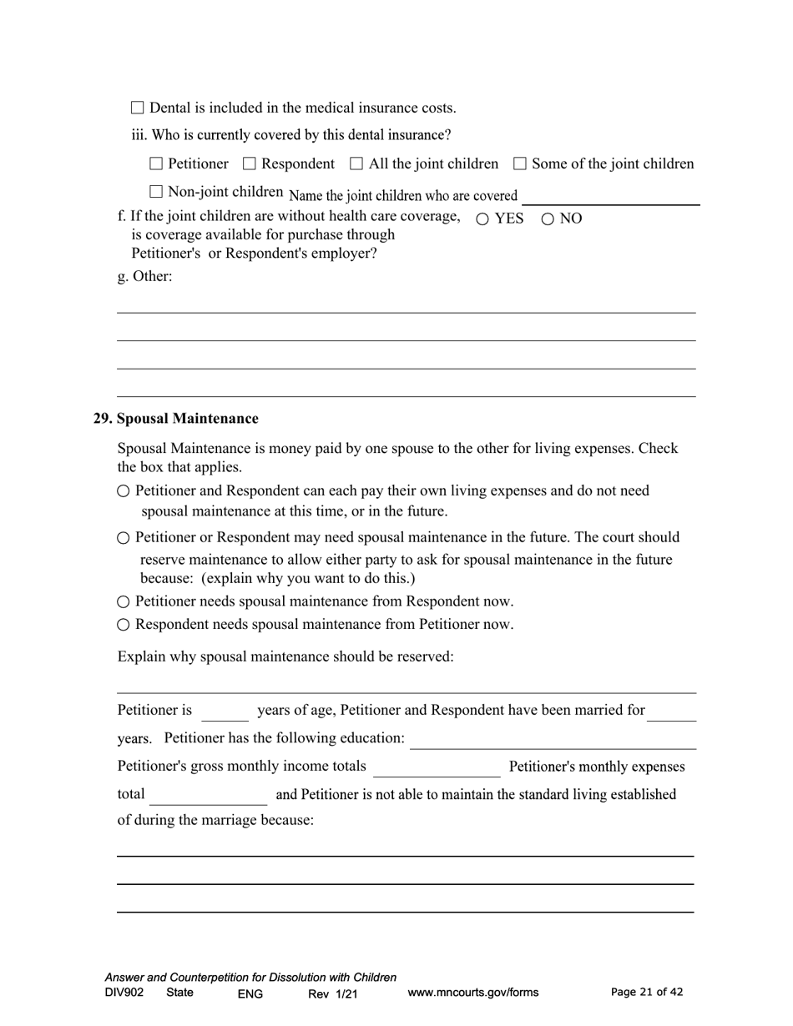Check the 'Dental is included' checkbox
pyautogui.click(x=138, y=108)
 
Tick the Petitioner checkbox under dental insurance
pyautogui.click(x=156, y=163)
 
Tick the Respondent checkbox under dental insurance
pyautogui.click(x=249, y=163)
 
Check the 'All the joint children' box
pyautogui.click(x=356, y=163)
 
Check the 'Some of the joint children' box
pyautogui.click(x=520, y=163)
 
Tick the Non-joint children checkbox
pyautogui.click(x=156, y=192)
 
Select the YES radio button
pyautogui.click(x=482, y=219)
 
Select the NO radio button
pyautogui.click(x=548, y=219)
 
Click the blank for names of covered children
pyautogui.click(x=610, y=197)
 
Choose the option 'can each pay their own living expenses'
pyautogui.click(x=124, y=491)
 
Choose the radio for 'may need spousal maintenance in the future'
pyautogui.click(x=124, y=538)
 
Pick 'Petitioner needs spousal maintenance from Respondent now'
pyautogui.click(x=124, y=601)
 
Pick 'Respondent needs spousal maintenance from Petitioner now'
pyautogui.click(x=124, y=625)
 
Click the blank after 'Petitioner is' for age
pyautogui.click(x=225, y=712)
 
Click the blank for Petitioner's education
pyautogui.click(x=553, y=740)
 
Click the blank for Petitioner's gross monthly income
pyautogui.click(x=437, y=767)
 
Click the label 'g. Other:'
pyautogui.click(x=144, y=276)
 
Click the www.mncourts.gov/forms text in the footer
pyautogui.click(x=472, y=993)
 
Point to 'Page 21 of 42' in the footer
pyautogui.click(x=647, y=992)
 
